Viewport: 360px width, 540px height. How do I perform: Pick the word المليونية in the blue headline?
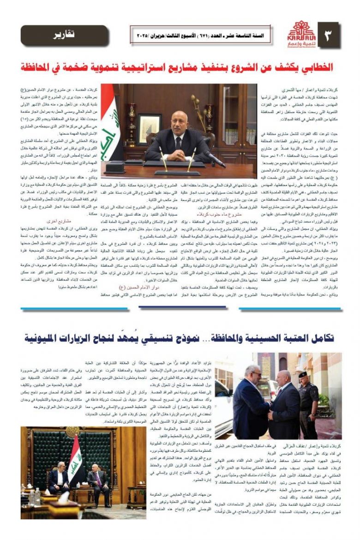coord(45,338)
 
